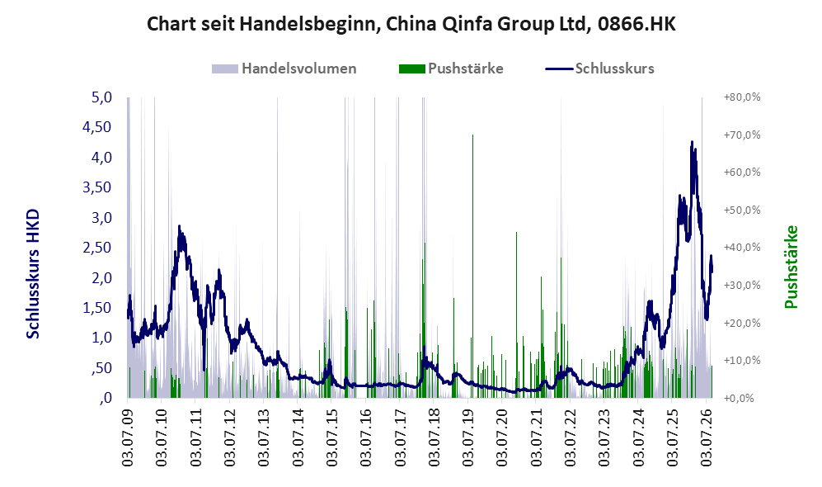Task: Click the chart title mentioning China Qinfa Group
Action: pyautogui.click(x=411, y=24)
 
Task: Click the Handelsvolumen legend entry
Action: pyautogui.click(x=284, y=69)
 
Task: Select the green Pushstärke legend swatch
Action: pyautogui.click(x=411, y=69)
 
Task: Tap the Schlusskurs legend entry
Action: pyautogui.click(x=599, y=69)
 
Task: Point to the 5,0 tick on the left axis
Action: pyautogui.click(x=101, y=97)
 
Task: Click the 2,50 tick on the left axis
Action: pyautogui.click(x=97, y=247)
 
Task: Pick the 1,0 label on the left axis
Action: pyautogui.click(x=101, y=338)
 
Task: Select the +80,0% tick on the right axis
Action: pyautogui.click(x=742, y=97)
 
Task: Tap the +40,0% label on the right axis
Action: pyautogui.click(x=742, y=247)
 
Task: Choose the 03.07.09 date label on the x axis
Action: pyautogui.click(x=128, y=434)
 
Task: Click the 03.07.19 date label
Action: pyautogui.click(x=468, y=434)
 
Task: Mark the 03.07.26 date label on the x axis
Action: pyautogui.click(x=707, y=434)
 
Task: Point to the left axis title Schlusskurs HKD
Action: pyautogui.click(x=32, y=274)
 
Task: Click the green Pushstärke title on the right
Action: pyautogui.click(x=791, y=267)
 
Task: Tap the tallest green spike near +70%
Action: pyautogui.click(x=473, y=135)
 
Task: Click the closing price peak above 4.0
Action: pyautogui.click(x=692, y=142)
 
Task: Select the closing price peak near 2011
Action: pyautogui.click(x=179, y=227)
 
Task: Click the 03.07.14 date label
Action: pyautogui.click(x=298, y=434)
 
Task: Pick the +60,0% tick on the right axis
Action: pyautogui.click(x=742, y=173)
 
